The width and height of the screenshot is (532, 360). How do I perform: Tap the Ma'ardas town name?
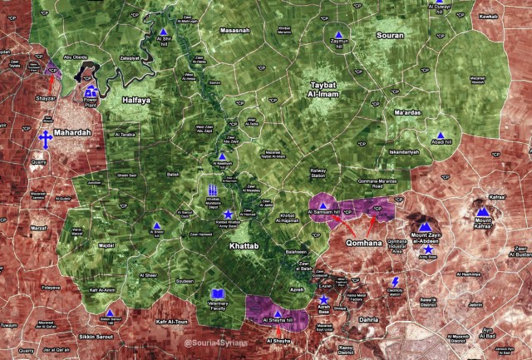tap(409, 114)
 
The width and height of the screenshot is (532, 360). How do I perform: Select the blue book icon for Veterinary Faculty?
tap(217, 295)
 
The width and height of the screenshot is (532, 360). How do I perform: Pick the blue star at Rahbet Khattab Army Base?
tap(228, 215)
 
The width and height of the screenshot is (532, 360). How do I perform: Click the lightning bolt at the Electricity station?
tap(395, 284)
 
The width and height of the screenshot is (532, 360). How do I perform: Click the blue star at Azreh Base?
tap(323, 299)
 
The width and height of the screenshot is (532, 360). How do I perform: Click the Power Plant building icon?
tap(91, 92)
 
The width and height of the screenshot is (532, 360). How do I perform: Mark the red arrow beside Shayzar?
tap(51, 84)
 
